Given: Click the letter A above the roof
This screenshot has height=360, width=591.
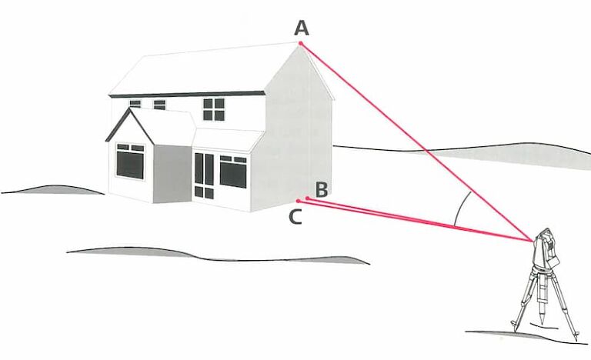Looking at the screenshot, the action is pyautogui.click(x=302, y=28).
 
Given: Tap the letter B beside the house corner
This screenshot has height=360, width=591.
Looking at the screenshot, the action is pyautogui.click(x=321, y=189).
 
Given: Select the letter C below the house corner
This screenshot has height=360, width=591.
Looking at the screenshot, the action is pyautogui.click(x=295, y=217).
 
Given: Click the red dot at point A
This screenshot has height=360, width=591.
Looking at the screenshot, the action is pyautogui.click(x=301, y=43).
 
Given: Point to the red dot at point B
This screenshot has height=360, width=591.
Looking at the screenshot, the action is pyautogui.click(x=308, y=198).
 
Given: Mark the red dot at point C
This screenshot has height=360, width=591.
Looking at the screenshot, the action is pyautogui.click(x=298, y=201).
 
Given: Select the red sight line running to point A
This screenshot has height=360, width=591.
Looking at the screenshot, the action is pyautogui.click(x=417, y=142).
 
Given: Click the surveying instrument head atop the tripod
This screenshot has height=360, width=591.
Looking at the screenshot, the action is pyautogui.click(x=546, y=248).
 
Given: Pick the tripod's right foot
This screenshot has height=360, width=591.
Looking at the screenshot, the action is pyautogui.click(x=576, y=336).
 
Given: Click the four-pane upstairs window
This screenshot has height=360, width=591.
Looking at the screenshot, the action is pyautogui.click(x=214, y=109).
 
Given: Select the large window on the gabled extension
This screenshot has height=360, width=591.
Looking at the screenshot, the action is pyautogui.click(x=130, y=162).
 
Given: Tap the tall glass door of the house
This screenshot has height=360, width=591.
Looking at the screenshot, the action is pyautogui.click(x=204, y=175).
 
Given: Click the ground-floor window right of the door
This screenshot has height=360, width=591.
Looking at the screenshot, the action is pyautogui.click(x=233, y=172).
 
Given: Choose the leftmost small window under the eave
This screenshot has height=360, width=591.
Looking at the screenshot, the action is pyautogui.click(x=135, y=104).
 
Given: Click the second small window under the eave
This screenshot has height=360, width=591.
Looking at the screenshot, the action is pyautogui.click(x=159, y=105).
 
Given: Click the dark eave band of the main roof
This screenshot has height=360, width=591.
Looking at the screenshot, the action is pyautogui.click(x=187, y=94).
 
